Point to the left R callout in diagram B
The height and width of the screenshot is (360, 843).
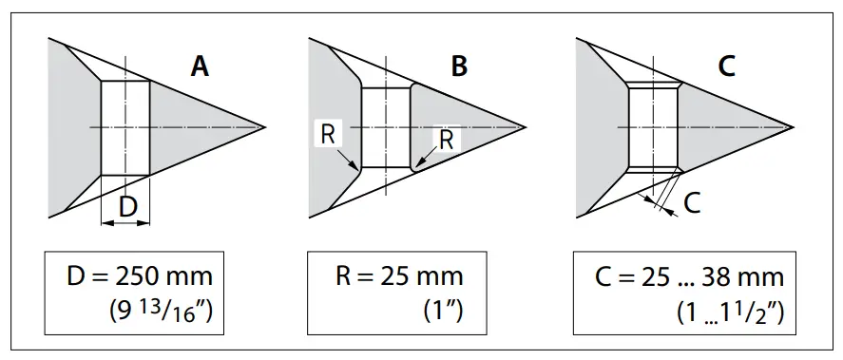[327, 134]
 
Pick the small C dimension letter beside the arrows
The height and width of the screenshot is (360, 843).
[692, 202]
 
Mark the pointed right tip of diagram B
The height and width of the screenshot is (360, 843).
[526, 126]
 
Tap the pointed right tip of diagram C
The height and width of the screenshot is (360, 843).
[793, 126]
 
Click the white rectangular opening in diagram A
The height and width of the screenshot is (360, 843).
[125, 127]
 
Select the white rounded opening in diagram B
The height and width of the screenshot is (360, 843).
[386, 127]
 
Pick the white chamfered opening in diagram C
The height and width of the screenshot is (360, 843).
[654, 127]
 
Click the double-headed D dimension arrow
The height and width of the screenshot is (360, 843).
[125, 222]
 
